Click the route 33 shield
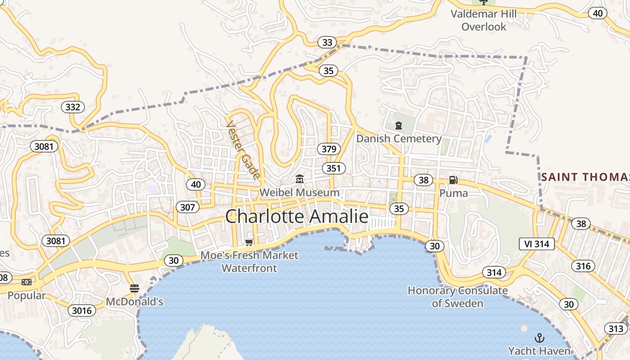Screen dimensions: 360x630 point(327,42)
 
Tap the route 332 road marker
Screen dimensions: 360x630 point(72,107)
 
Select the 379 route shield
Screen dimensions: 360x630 point(328,149)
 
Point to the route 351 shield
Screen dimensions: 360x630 point(333,168)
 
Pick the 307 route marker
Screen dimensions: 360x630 point(187,207)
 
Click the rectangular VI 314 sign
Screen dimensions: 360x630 point(536,244)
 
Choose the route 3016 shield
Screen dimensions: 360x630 point(82,310)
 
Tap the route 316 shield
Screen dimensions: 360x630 point(583,266)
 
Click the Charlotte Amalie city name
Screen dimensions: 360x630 point(297,216)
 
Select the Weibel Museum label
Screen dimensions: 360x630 point(299,193)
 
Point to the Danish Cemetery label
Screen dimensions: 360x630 point(399,139)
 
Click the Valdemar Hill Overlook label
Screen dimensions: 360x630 point(484,20)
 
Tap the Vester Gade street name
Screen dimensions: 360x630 point(243,149)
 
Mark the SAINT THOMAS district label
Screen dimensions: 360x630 point(585,177)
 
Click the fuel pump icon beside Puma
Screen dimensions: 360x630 point(453,180)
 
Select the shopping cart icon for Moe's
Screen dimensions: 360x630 point(249,243)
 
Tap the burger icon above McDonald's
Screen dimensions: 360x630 point(134,288)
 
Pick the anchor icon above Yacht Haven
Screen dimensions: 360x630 point(539,337)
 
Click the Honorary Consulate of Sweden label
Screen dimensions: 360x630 point(458,297)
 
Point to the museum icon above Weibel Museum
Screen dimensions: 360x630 point(299,180)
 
